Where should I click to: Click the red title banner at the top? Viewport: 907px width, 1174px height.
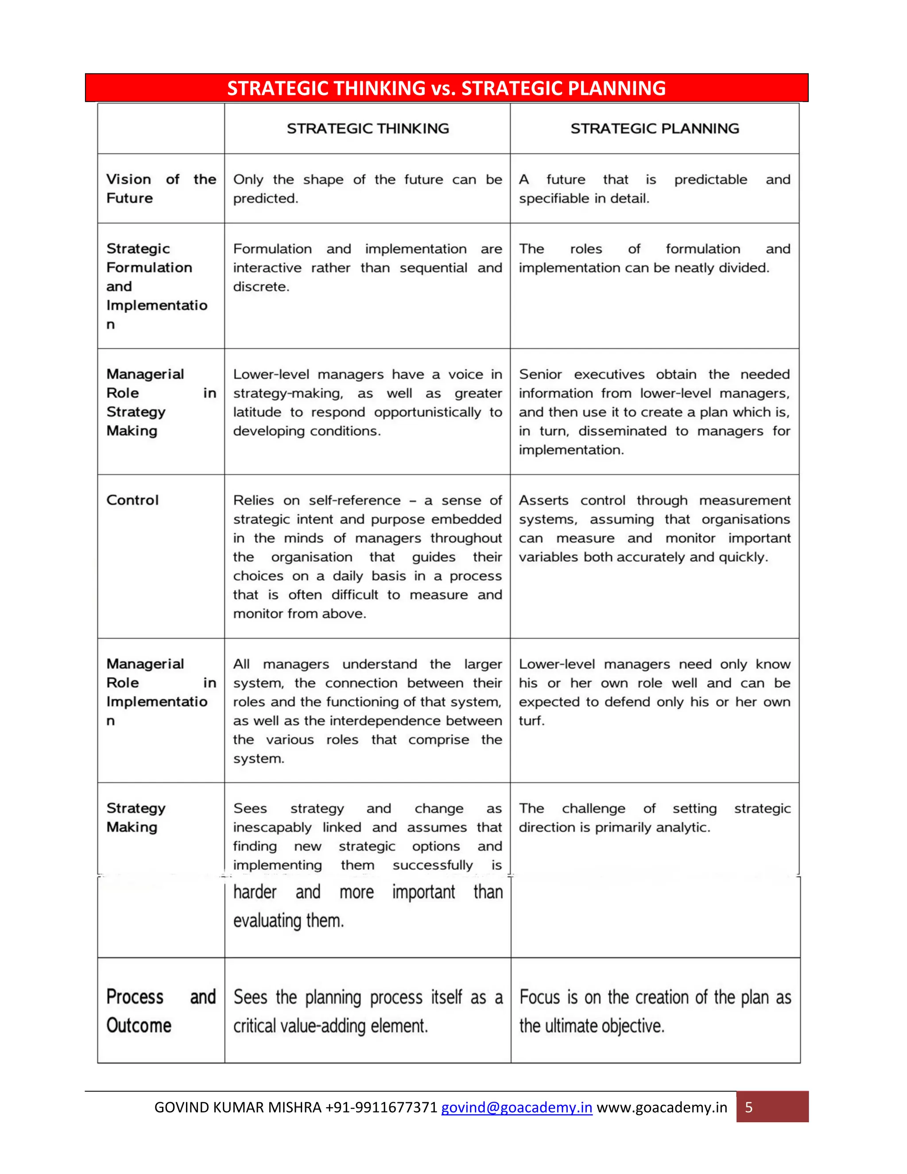tap(446, 88)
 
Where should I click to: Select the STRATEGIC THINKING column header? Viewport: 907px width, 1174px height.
tap(368, 128)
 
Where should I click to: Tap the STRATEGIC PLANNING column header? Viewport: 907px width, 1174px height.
tap(655, 128)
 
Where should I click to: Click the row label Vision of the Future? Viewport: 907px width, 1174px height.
tap(161, 189)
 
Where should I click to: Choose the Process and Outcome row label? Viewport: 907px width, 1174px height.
tap(161, 1011)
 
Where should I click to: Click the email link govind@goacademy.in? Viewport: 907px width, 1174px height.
tap(516, 1108)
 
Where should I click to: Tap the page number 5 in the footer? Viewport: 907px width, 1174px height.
tap(748, 1108)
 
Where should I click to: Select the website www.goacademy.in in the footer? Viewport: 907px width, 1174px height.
tap(662, 1108)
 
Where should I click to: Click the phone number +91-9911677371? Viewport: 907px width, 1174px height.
tap(381, 1108)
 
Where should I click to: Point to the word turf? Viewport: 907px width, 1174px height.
tap(531, 721)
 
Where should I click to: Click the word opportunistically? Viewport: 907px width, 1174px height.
tap(427, 412)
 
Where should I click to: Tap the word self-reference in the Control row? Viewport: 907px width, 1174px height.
tap(355, 501)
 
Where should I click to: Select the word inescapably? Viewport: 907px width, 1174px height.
tap(272, 827)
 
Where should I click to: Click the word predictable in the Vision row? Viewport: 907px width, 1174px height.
tap(710, 179)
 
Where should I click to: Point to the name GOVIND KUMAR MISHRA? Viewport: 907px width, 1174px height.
tap(237, 1108)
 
